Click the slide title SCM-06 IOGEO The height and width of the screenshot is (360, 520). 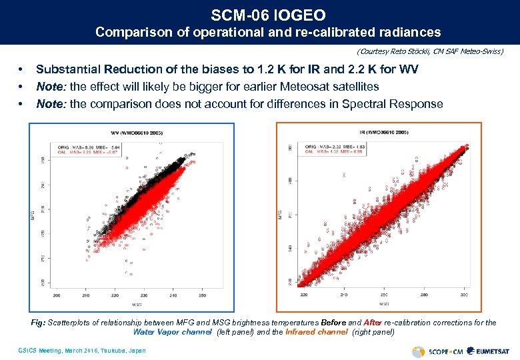click(x=259, y=14)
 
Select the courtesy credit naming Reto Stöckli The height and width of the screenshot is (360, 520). click(x=430, y=51)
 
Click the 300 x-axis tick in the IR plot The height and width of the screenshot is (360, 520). click(x=463, y=294)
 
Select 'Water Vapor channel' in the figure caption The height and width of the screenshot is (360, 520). click(x=172, y=331)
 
